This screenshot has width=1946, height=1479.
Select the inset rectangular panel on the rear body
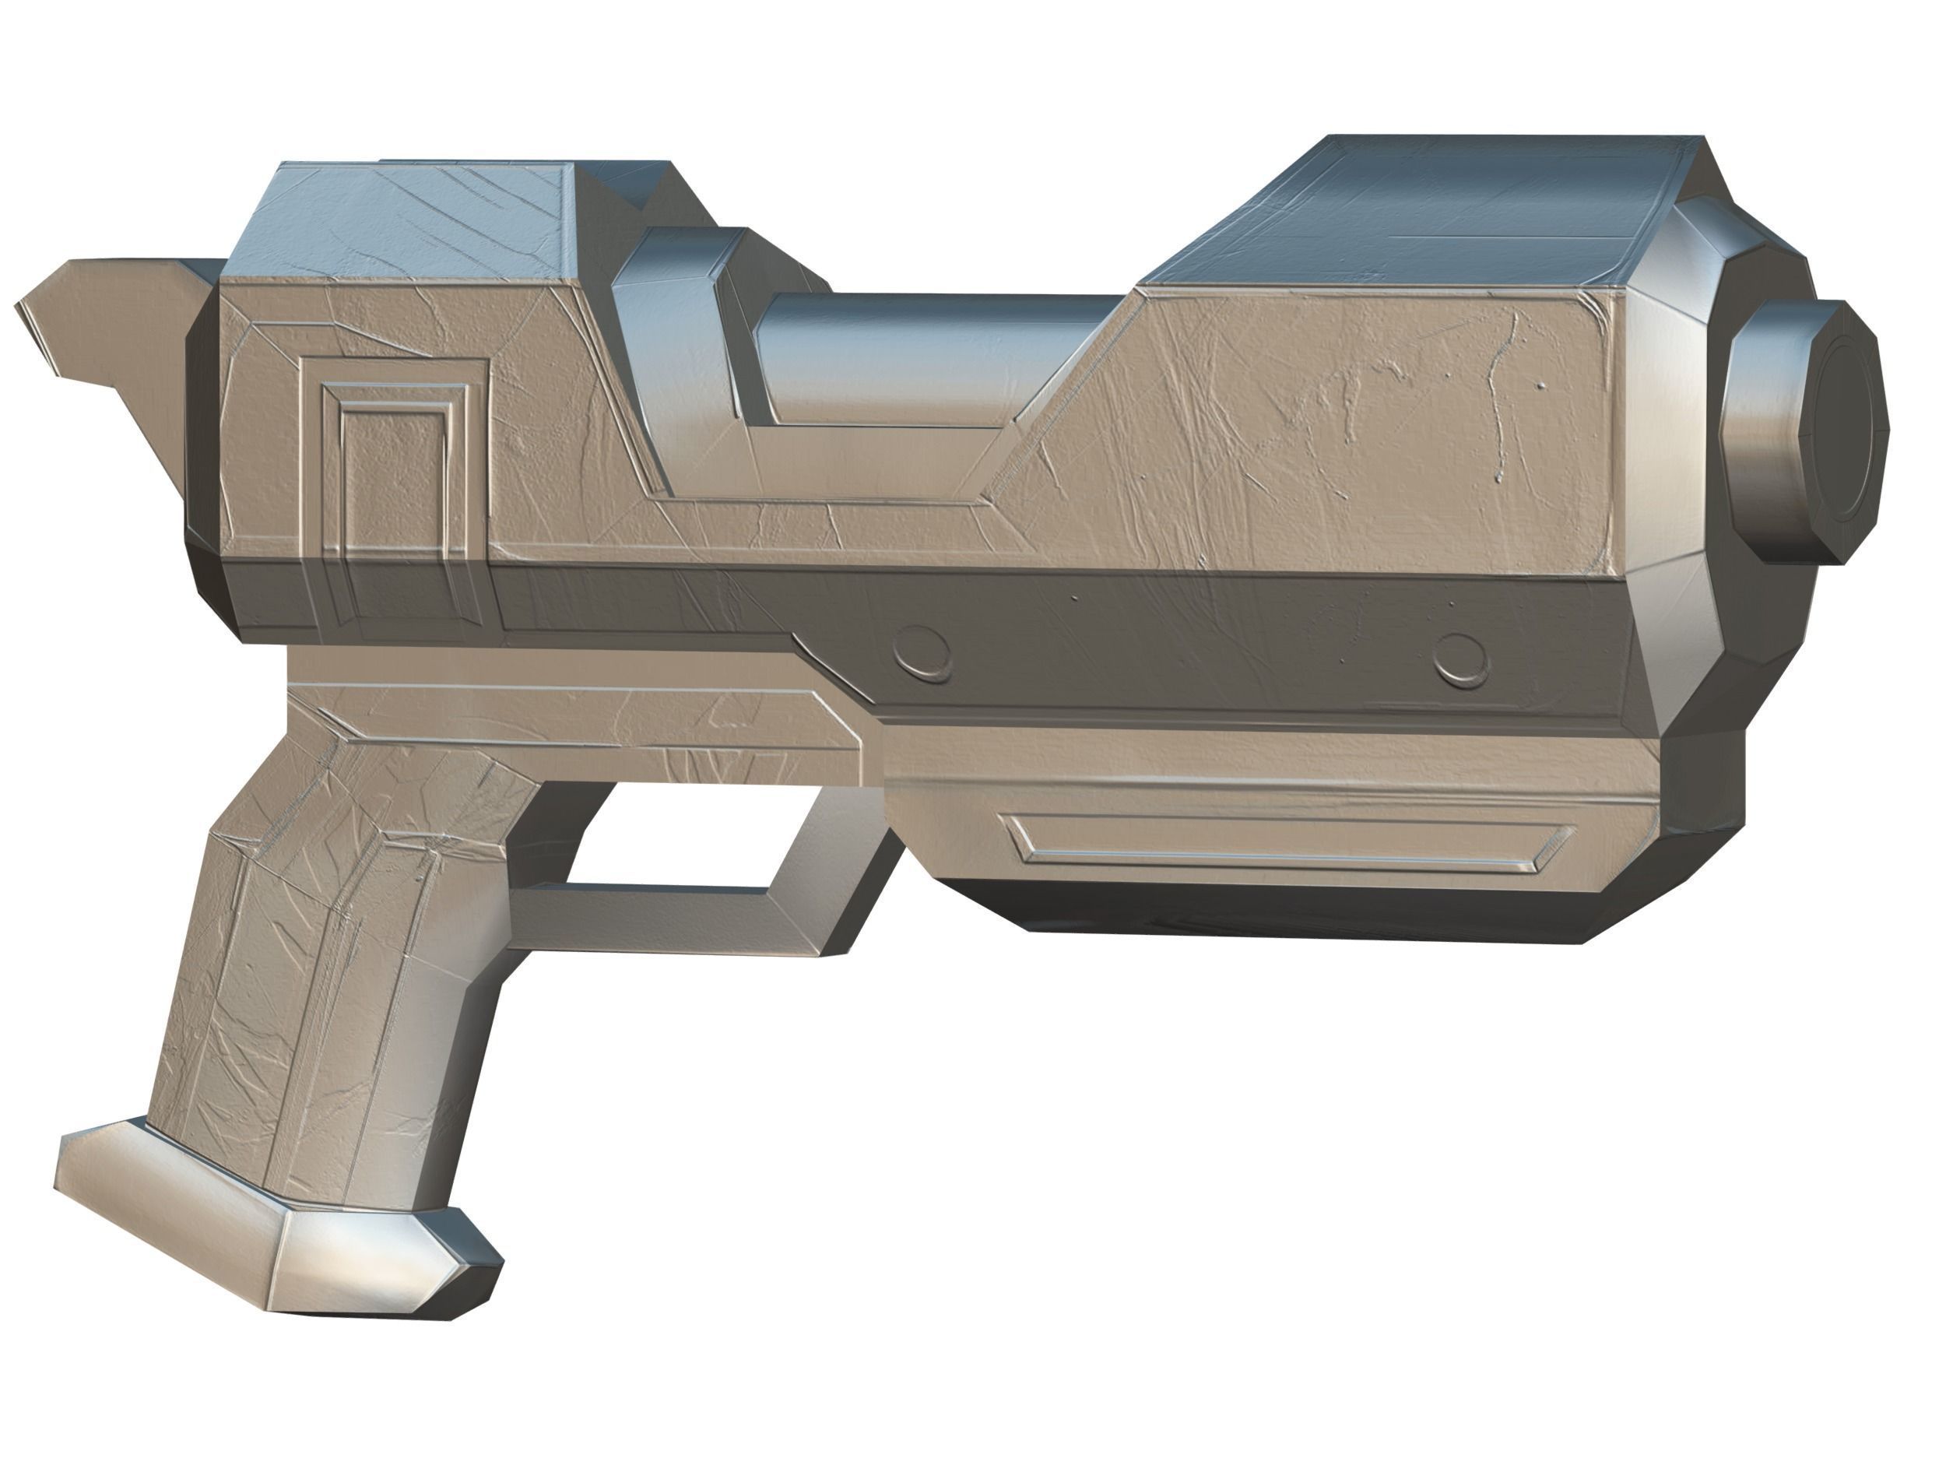[x=393, y=466]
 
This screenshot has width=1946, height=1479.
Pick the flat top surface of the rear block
[x=405, y=220]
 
